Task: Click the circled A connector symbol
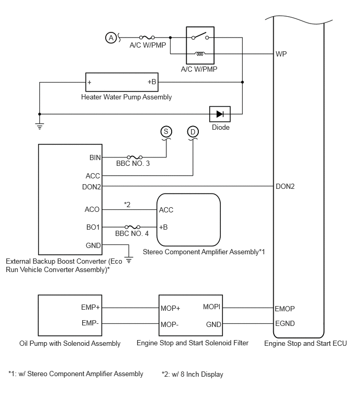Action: point(111,38)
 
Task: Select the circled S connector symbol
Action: point(166,131)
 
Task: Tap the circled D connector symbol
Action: point(193,132)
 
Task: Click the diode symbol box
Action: point(220,114)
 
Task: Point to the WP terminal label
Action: point(281,54)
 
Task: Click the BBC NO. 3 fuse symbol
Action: point(134,157)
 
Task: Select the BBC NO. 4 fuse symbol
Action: point(132,227)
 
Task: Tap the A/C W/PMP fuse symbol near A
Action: point(147,38)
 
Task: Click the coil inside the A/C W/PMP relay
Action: point(200,54)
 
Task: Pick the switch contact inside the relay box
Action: point(200,36)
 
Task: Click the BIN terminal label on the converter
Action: point(95,157)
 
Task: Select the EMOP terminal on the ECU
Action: point(285,309)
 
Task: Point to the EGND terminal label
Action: point(285,323)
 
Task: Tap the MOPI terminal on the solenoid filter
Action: point(211,307)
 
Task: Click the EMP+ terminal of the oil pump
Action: point(91,307)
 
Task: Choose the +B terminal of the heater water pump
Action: point(152,82)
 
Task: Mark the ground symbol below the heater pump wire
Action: point(40,126)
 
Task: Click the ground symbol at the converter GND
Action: point(129,260)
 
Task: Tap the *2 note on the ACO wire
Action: point(127,205)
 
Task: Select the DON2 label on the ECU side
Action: point(285,186)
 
